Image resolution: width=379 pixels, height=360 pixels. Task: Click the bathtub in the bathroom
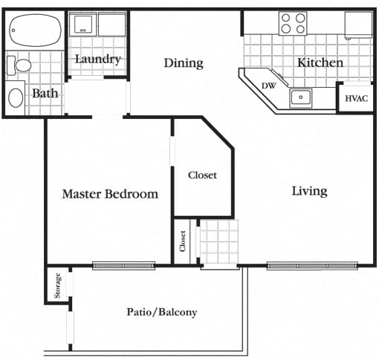point(36,30)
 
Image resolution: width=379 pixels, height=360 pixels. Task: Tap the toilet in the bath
point(19,65)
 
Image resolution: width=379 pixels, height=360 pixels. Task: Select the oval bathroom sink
point(16,97)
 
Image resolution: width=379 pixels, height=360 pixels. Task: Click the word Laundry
point(98,60)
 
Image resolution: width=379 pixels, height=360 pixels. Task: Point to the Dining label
point(184,63)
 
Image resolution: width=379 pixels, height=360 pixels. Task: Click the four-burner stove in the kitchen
point(293,23)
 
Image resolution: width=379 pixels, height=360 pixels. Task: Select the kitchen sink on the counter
point(301,97)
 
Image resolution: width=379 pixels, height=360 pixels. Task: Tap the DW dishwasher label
point(269,86)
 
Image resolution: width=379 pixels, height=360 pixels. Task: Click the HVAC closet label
point(357,98)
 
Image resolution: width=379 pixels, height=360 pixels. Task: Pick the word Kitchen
point(320,62)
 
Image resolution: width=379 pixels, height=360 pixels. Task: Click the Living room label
point(310,191)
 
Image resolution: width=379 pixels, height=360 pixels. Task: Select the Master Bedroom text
point(110,194)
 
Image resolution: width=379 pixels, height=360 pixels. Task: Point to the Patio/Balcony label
point(162,312)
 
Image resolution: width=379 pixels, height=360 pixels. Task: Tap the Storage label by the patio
point(57,286)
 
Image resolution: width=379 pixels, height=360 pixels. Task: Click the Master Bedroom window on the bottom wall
point(124,266)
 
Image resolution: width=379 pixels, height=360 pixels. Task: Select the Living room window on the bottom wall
point(312,266)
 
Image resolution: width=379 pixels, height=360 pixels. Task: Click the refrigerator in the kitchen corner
point(358,25)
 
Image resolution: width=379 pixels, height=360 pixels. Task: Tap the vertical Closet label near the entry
point(183,241)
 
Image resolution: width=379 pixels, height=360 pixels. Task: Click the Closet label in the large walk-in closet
point(202,176)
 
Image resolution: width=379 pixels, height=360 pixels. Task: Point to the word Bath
point(45,94)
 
